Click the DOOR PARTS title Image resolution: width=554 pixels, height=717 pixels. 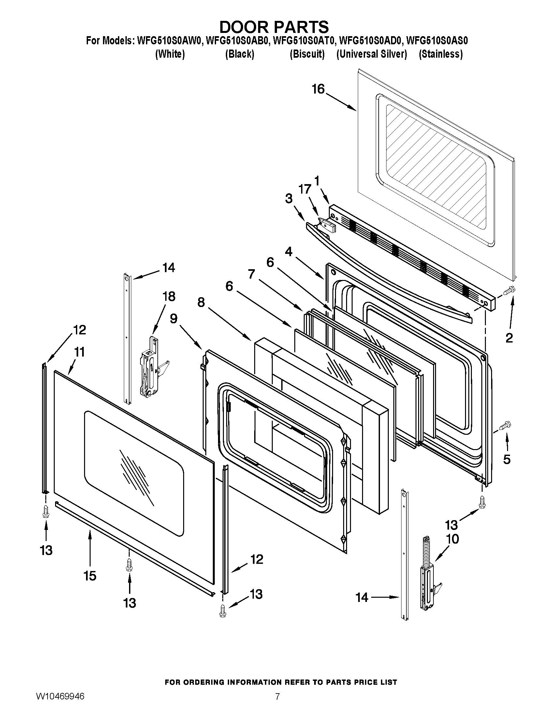click(274, 26)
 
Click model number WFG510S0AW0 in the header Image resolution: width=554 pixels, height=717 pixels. click(170, 41)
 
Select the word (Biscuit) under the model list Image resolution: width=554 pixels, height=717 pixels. click(307, 54)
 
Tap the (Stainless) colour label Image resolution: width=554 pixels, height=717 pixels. click(441, 54)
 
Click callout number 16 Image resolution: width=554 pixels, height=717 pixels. click(318, 89)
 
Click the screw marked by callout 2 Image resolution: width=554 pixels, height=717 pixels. click(510, 289)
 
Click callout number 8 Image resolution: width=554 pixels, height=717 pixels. click(201, 302)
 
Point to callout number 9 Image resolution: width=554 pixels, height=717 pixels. click(174, 319)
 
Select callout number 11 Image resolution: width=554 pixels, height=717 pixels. click(79, 352)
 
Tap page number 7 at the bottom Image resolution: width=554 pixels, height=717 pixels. click(277, 704)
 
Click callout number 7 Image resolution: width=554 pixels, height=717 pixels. click(251, 274)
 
